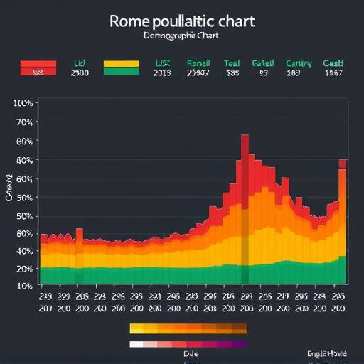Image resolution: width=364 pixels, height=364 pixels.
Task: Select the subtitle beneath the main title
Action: click(x=181, y=36)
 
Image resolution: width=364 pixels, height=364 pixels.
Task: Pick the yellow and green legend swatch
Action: click(x=122, y=68)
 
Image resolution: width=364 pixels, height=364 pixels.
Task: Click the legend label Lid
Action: click(x=79, y=63)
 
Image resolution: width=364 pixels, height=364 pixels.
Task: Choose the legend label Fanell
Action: click(x=198, y=63)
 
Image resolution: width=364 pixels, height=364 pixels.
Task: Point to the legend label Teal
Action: click(x=232, y=63)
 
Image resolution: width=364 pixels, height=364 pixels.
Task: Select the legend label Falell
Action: click(x=263, y=63)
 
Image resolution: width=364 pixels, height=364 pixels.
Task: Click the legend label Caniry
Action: click(x=299, y=63)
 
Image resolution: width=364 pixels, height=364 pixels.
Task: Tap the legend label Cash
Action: click(x=333, y=63)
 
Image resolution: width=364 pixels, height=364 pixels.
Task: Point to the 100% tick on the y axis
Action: click(x=23, y=103)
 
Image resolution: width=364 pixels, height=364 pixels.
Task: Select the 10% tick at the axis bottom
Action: click(x=23, y=285)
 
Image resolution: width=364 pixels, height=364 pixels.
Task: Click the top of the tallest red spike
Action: click(x=245, y=136)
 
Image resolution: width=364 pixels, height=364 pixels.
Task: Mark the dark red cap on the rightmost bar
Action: click(x=343, y=164)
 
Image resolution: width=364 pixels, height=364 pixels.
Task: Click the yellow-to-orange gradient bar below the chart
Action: click(x=188, y=329)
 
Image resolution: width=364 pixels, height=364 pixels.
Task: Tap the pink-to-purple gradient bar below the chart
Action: click(x=188, y=344)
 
